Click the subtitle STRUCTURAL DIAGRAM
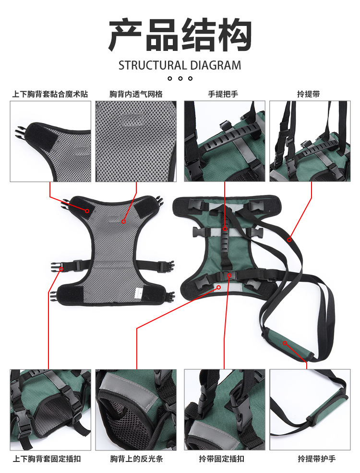180,65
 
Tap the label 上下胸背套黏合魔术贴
50,94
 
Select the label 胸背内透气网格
135,94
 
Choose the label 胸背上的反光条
136,459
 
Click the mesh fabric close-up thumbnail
136,141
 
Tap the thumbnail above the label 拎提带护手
310,409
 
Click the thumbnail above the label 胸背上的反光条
136,409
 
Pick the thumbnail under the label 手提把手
224,141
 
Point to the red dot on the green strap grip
285,343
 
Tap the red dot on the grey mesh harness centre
123,221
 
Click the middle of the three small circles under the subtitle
180,78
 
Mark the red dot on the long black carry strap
289,240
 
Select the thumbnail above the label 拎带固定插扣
224,409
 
